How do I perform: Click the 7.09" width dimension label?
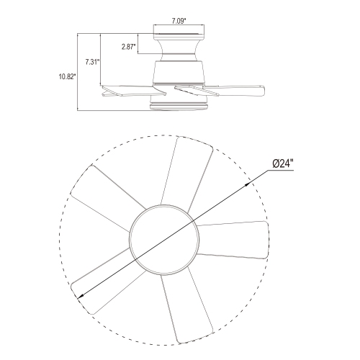pos(179,21)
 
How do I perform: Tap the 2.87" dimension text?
pos(129,47)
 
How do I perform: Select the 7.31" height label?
pos(92,62)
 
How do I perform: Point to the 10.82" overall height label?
pos(68,77)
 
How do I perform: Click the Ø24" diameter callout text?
pos(283,163)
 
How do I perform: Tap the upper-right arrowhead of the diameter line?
pos(248,184)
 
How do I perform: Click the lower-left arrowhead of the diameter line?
pos(81,297)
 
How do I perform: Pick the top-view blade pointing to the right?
pos(233,240)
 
